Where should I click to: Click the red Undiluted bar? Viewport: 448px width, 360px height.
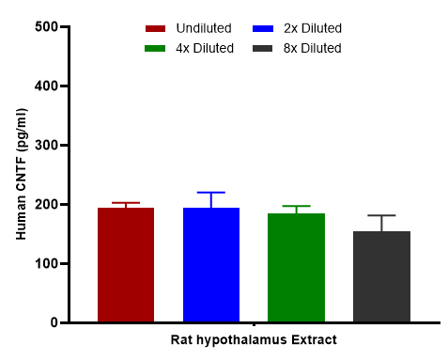(126, 265)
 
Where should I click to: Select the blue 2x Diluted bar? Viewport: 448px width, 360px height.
(211, 265)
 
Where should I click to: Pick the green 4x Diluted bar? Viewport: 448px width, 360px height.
(296, 268)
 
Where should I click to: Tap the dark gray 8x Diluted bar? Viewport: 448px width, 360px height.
(382, 276)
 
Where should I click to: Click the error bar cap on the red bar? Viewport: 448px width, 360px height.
(126, 203)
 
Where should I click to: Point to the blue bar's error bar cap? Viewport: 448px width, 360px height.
(211, 193)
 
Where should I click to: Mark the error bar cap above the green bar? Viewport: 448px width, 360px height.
(296, 206)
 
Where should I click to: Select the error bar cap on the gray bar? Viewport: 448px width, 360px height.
(382, 215)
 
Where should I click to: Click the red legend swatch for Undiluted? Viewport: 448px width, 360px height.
(155, 29)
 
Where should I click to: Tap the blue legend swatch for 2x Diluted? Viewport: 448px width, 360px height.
(263, 29)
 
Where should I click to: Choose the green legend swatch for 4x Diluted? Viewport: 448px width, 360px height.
(155, 49)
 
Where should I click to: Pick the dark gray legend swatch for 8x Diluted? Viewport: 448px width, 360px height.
(262, 49)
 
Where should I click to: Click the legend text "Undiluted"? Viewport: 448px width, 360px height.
(204, 28)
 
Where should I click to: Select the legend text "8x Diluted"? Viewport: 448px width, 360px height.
(313, 48)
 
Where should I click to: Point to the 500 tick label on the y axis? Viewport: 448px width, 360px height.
(46, 26)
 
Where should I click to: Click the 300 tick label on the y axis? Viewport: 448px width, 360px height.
(46, 145)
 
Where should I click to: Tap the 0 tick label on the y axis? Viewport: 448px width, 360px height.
(54, 322)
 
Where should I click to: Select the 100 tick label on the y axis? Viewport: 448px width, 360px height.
(46, 263)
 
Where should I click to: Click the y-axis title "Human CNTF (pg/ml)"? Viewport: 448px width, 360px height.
(22, 174)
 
